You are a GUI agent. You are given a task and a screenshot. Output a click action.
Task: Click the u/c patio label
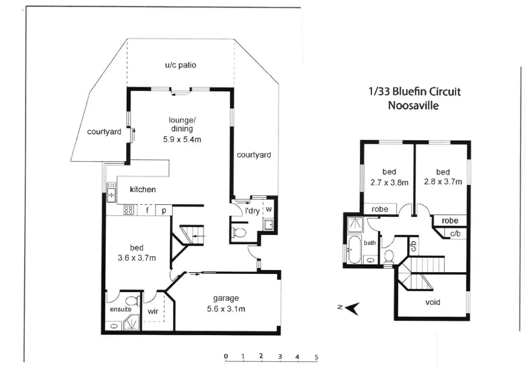(180, 65)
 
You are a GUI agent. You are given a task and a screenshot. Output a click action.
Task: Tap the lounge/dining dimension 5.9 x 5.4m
(182, 139)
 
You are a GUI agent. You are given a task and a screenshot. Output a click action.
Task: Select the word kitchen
(143, 190)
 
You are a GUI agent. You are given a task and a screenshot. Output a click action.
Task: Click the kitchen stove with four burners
(128, 210)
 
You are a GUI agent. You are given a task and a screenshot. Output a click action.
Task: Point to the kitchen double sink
(111, 192)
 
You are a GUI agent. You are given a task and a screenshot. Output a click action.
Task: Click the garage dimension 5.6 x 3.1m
(226, 309)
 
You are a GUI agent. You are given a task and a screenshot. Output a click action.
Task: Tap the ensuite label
(121, 309)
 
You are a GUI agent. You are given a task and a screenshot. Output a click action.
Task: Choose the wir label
(153, 311)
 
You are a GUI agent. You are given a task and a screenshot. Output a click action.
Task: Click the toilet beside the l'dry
(239, 233)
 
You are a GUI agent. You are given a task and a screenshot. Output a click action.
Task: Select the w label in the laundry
(269, 209)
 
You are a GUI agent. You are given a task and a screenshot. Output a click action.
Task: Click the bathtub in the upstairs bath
(354, 249)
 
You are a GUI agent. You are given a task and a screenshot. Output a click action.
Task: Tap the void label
(433, 302)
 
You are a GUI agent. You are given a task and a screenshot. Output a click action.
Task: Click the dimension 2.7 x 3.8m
(389, 183)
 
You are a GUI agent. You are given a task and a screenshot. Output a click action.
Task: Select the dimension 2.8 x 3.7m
(443, 182)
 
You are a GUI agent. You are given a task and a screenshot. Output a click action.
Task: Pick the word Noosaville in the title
(413, 106)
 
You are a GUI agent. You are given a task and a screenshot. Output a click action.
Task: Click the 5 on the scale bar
(316, 357)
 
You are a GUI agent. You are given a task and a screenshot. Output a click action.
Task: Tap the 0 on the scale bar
(226, 356)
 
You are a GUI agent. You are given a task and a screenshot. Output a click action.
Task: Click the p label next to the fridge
(164, 210)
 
